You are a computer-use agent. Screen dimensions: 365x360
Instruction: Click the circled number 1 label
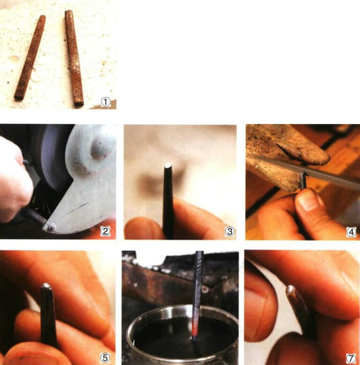[x=106, y=102]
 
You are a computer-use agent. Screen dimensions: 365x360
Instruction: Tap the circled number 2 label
[x=106, y=230]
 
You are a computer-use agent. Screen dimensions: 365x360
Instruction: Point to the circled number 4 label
[x=351, y=231]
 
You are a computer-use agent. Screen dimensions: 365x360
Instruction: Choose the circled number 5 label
[x=105, y=358]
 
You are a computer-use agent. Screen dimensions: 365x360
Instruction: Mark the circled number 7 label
[x=351, y=358]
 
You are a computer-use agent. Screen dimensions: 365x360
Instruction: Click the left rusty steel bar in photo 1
[x=30, y=57]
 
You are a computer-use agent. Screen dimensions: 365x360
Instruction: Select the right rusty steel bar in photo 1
[x=74, y=57]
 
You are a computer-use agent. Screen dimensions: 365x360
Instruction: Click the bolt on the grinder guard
[x=51, y=227]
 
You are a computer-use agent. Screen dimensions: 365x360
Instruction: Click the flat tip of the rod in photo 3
[x=168, y=165]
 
